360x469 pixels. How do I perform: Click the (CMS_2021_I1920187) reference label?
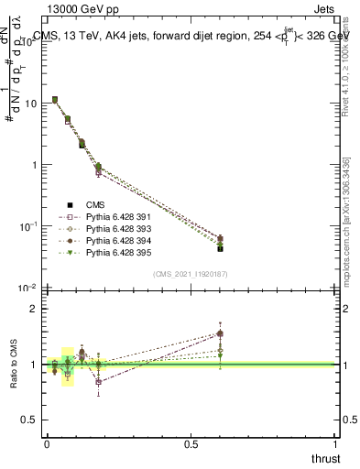coord(191,275)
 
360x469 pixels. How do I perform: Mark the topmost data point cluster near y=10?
coord(55,99)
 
